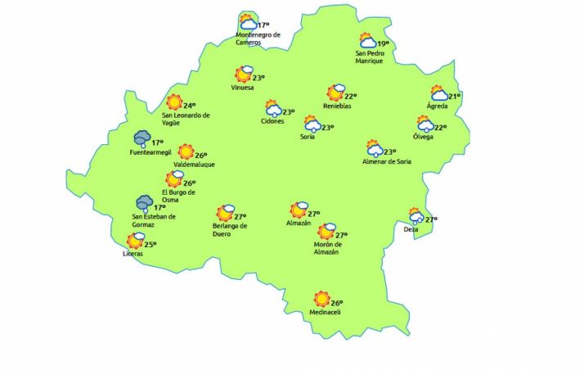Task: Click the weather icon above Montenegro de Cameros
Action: (x=247, y=23)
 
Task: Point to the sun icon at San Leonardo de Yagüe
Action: (x=173, y=103)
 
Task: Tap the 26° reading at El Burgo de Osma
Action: (x=190, y=183)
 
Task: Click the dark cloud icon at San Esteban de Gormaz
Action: (x=145, y=203)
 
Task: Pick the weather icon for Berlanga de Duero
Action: (x=225, y=214)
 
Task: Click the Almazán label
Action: (x=299, y=223)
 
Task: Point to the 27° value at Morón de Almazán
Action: (x=342, y=235)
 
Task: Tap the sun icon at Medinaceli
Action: (x=322, y=300)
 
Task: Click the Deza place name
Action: (x=411, y=229)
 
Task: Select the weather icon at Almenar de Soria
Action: (x=375, y=148)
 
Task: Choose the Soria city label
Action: (x=308, y=137)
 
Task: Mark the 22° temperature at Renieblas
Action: (x=350, y=97)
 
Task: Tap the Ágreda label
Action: (x=438, y=106)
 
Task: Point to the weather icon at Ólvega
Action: (x=425, y=124)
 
